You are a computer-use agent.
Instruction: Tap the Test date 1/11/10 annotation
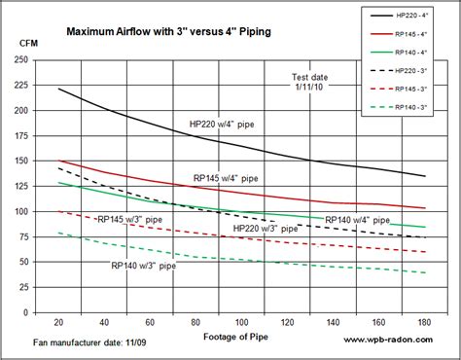click(309, 83)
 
